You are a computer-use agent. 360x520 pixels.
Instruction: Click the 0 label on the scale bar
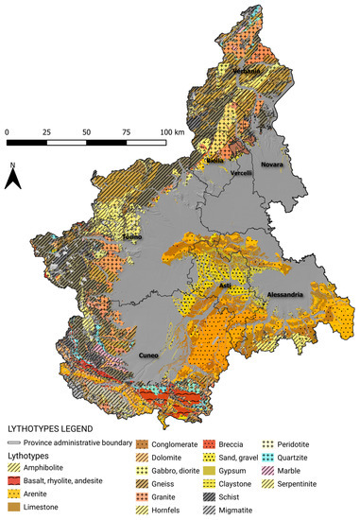[x=7, y=130]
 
